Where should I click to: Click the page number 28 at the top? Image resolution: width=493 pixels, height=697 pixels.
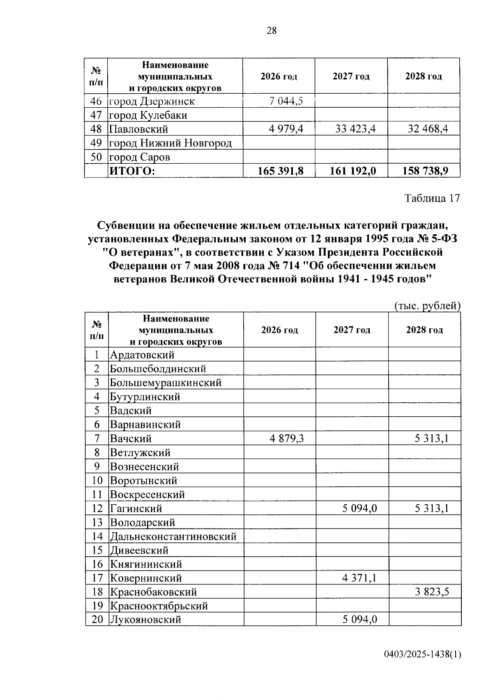coord(272,30)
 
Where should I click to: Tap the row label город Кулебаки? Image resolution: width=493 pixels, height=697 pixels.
coord(148,115)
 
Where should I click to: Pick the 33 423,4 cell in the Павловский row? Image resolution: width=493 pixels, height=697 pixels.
coord(355,129)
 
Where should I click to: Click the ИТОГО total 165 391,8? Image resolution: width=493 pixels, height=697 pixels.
coord(280,171)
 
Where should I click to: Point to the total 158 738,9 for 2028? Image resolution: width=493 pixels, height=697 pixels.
coord(425,171)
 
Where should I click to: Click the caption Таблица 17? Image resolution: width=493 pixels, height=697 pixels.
coord(432,198)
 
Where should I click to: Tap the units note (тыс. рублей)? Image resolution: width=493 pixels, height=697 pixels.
coord(427,306)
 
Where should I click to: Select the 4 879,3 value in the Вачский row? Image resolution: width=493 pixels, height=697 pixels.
coord(287,439)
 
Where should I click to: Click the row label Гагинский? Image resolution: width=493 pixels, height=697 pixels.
coord(136,508)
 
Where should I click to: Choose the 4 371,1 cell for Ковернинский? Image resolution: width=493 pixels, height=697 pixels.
coord(359,578)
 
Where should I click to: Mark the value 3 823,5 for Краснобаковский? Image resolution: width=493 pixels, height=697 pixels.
coord(431,592)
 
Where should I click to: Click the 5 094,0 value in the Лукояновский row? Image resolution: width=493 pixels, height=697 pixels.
coord(360,619)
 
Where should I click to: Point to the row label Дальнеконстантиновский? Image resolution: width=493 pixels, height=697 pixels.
coord(173,536)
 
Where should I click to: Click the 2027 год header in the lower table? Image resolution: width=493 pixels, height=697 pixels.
coord(352,330)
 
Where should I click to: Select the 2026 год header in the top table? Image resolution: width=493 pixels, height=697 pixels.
coord(279,76)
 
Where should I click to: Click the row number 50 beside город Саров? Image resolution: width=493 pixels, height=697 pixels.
coord(96,157)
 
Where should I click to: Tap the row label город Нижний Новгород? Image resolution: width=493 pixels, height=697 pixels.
coord(170,143)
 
